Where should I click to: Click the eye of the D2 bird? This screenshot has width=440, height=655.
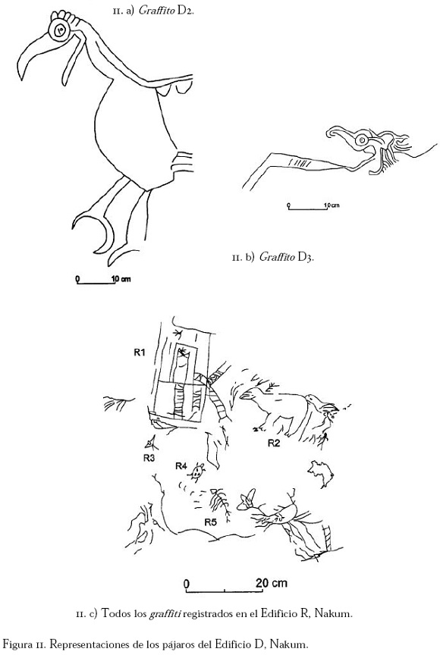(60, 30)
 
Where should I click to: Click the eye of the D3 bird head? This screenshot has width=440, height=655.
(361, 141)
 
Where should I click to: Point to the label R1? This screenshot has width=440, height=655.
(139, 353)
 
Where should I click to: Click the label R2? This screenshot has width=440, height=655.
(274, 443)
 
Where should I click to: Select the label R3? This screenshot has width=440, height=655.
(149, 458)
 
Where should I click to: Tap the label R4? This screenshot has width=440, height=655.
(181, 465)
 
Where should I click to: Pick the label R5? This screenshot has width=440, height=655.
(210, 522)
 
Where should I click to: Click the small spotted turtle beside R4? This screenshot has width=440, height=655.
(198, 472)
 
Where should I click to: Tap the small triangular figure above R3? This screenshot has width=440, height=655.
(150, 442)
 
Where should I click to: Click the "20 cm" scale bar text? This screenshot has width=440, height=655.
(272, 582)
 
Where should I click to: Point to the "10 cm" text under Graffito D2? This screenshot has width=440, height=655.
(121, 278)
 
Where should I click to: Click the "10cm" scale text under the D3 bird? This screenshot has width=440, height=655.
(332, 205)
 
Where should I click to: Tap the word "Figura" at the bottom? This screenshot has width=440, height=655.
(16, 644)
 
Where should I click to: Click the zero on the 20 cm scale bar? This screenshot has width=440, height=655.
(187, 583)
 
